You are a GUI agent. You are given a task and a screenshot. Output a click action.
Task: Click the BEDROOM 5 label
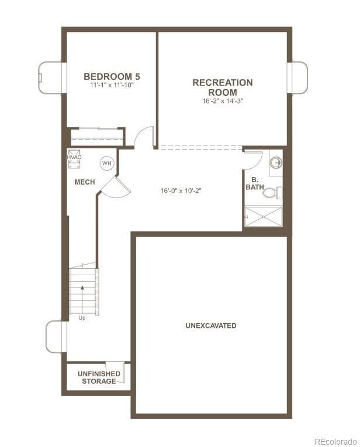112,77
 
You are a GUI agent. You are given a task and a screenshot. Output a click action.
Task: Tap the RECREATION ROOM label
223,87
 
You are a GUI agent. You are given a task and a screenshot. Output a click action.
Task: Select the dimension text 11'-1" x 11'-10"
112,86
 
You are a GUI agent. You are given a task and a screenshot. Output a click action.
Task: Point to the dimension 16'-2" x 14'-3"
223,101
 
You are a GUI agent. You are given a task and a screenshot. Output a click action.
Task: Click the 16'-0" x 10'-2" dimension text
182,190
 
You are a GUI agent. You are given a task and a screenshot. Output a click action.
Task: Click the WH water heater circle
106,164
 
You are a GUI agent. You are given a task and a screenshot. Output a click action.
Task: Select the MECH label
85,182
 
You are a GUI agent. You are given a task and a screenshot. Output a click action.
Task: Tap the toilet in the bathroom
276,192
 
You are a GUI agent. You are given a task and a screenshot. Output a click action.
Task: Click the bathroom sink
276,162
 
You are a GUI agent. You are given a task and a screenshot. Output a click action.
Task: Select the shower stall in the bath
263,216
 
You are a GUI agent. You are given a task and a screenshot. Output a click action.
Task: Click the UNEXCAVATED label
211,325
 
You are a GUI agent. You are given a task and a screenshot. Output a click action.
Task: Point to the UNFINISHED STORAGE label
99,377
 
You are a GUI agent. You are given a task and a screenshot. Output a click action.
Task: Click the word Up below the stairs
82,318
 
